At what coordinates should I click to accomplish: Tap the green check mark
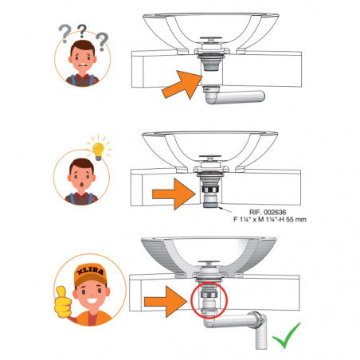click(x=293, y=336)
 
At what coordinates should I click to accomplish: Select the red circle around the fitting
click(x=209, y=305)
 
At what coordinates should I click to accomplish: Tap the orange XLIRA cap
click(x=82, y=277)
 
